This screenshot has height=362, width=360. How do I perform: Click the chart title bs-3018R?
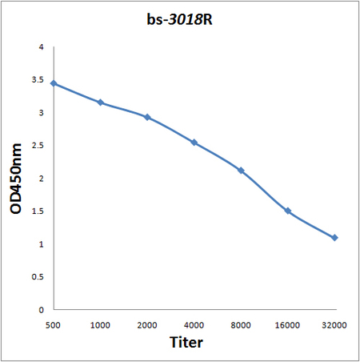(x=179, y=19)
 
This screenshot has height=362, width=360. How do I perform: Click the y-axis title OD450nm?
(x=16, y=179)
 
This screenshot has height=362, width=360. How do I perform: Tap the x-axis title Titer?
(x=186, y=342)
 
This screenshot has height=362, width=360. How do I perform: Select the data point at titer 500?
(x=54, y=83)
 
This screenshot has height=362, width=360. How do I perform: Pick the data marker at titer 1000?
(x=101, y=103)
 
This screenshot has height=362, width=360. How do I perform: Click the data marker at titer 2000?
(x=147, y=117)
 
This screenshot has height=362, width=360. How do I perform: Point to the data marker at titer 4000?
(x=194, y=143)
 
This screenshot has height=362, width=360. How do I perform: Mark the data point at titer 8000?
(x=241, y=171)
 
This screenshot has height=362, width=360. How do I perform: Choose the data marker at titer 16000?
(x=288, y=211)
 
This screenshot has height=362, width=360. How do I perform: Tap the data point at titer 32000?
(x=334, y=238)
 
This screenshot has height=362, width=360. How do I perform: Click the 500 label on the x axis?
(x=53, y=325)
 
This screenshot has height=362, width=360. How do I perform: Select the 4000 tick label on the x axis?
(x=194, y=325)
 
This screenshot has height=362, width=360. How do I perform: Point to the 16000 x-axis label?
(x=287, y=325)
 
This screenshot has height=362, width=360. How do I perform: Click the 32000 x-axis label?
(x=334, y=325)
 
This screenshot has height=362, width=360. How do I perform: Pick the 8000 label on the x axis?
(x=241, y=325)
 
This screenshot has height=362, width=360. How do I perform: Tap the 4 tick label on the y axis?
(x=41, y=47)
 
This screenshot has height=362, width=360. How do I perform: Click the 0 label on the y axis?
(x=41, y=310)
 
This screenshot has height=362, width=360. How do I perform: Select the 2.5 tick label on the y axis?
(x=38, y=146)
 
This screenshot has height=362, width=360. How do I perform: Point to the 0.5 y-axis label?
(x=38, y=277)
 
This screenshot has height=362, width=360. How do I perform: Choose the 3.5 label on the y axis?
(x=38, y=80)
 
